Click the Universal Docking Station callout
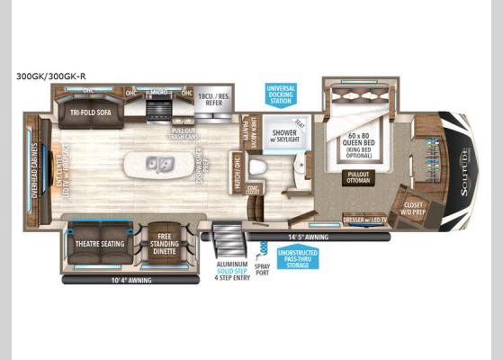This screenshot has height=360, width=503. (x=280, y=94)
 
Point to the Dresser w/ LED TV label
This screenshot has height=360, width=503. (x=364, y=220)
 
